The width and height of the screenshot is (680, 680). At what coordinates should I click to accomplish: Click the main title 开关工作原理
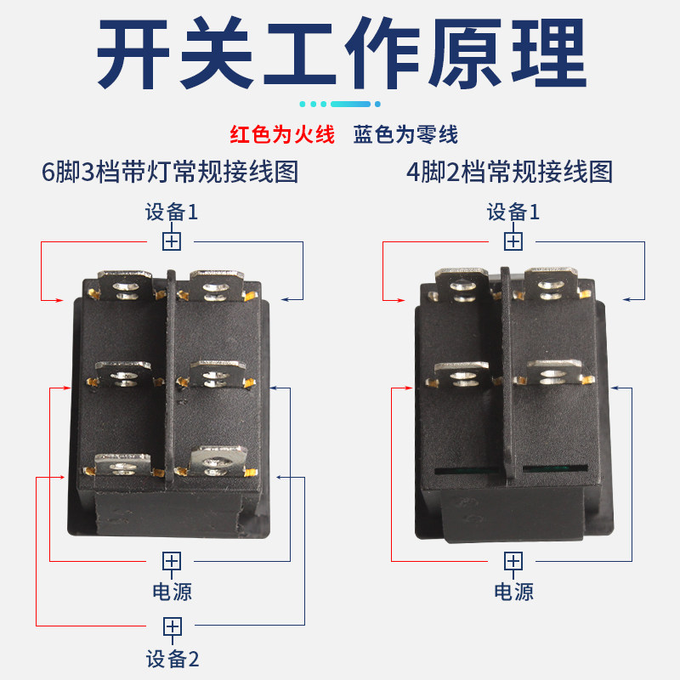click(x=342, y=53)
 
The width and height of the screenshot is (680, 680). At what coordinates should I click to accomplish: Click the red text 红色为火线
click(x=282, y=134)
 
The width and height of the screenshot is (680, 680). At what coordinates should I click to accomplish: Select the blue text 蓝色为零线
click(x=405, y=134)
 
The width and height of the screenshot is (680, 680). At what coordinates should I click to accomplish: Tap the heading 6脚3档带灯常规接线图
click(x=170, y=172)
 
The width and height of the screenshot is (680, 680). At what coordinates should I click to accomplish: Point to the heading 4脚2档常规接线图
click(x=509, y=172)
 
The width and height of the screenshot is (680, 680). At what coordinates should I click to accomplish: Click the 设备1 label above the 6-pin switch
click(x=172, y=212)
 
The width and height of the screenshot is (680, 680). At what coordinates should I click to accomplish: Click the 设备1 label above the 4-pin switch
click(x=513, y=212)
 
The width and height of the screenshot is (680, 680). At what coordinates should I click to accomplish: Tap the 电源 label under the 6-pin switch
click(x=173, y=592)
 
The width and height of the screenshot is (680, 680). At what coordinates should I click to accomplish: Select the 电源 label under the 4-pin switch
click(x=514, y=592)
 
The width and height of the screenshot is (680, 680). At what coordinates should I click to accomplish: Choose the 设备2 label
click(x=173, y=660)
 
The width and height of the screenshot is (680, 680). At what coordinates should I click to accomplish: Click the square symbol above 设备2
click(x=173, y=626)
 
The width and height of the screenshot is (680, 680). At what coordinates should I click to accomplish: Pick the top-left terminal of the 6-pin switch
click(x=125, y=286)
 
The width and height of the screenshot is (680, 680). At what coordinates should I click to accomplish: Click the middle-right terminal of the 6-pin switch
click(x=218, y=374)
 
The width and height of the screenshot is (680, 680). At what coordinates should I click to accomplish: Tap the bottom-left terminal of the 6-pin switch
click(x=123, y=465)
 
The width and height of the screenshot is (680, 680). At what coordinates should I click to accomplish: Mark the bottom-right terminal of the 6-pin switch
click(x=218, y=462)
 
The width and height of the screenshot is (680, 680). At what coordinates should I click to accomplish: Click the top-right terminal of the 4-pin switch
click(x=551, y=284)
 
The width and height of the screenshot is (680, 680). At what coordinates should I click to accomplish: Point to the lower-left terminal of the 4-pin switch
click(x=462, y=375)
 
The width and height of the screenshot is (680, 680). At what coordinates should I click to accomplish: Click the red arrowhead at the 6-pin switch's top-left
click(x=59, y=300)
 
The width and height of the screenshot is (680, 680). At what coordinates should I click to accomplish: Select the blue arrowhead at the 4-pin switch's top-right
click(x=628, y=299)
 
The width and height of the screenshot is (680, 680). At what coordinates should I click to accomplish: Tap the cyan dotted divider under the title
click(x=340, y=104)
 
